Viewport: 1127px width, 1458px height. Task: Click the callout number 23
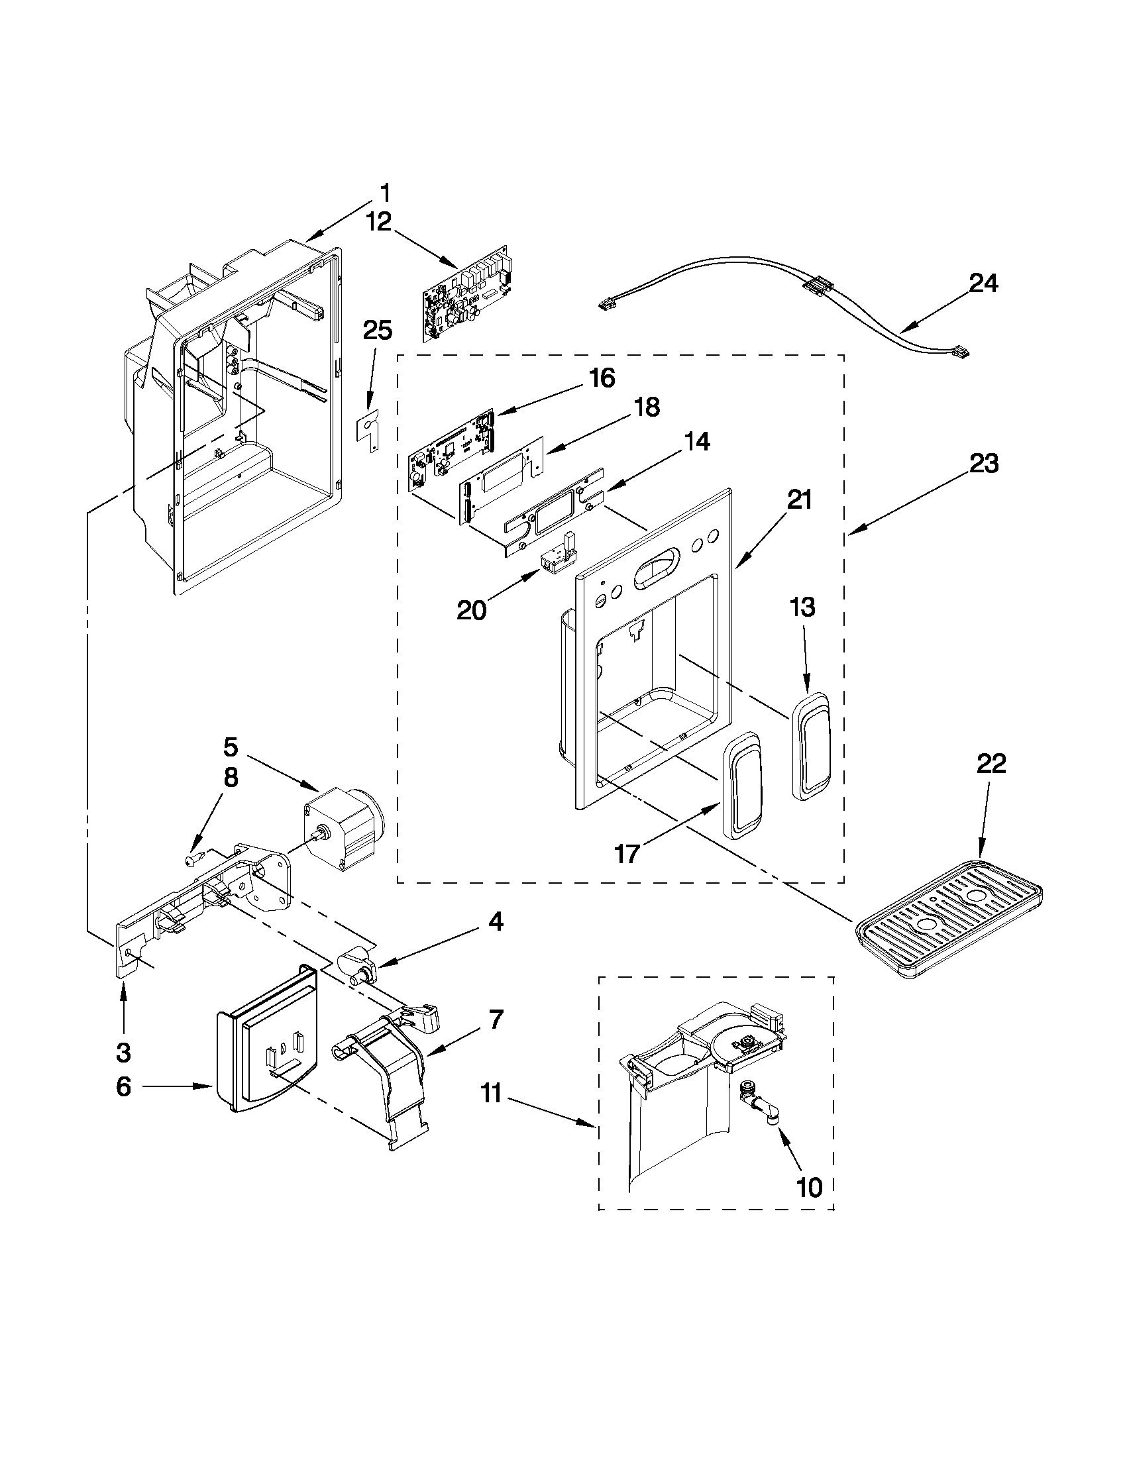point(984,463)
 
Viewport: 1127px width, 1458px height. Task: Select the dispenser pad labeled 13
point(810,745)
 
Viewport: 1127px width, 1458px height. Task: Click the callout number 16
point(602,378)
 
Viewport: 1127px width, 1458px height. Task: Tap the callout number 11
point(492,1096)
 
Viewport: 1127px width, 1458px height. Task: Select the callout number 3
point(123,1053)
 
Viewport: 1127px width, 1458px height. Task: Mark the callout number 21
point(798,499)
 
